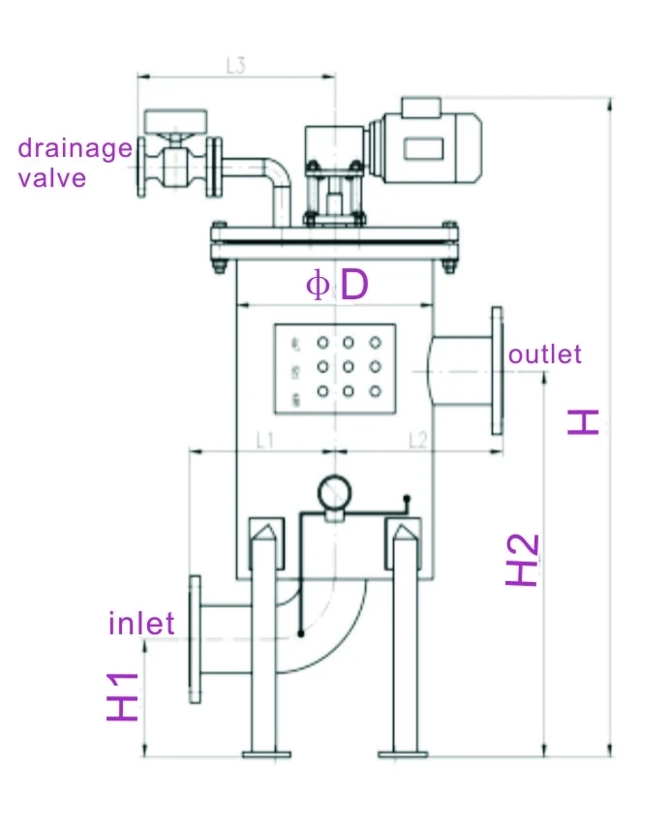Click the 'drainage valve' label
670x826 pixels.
[x=76, y=163]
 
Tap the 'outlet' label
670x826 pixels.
[x=546, y=354]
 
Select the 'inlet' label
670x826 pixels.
[x=141, y=622]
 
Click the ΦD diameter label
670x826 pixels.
[x=337, y=286]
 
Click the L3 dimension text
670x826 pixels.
[x=235, y=66]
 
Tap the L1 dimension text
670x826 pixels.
[x=265, y=441]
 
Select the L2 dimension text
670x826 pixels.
[x=417, y=441]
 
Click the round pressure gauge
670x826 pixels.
[x=334, y=492]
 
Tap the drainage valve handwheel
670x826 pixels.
[x=175, y=122]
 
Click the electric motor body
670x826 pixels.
[x=426, y=145]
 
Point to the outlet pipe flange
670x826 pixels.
[x=498, y=370]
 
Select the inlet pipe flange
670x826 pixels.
[x=195, y=638]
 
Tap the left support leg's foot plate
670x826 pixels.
[x=266, y=751]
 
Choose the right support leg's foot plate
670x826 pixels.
[x=402, y=751]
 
